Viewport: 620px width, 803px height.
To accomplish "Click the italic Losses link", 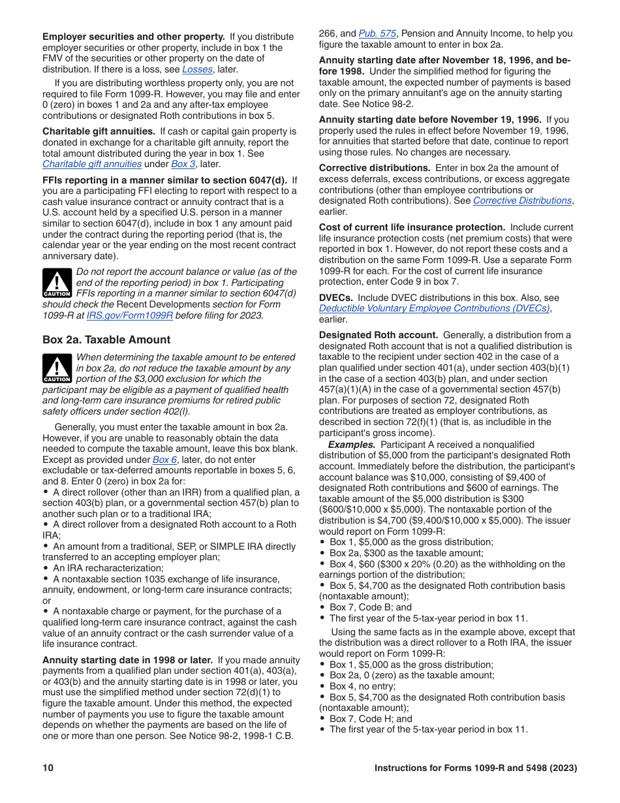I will (196, 69).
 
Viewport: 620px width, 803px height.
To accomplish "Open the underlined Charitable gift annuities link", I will (92, 164).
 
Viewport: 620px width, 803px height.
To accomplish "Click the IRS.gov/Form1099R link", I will (130, 315).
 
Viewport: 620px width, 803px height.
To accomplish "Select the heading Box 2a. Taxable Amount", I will (106, 339).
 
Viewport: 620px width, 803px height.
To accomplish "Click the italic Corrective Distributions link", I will (522, 200).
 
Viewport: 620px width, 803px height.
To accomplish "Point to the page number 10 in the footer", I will (48, 768).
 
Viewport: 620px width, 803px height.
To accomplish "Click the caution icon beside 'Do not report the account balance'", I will (57, 282).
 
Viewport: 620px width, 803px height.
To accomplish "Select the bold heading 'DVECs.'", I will (336, 298).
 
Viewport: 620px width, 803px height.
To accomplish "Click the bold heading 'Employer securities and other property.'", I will (134, 37).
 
